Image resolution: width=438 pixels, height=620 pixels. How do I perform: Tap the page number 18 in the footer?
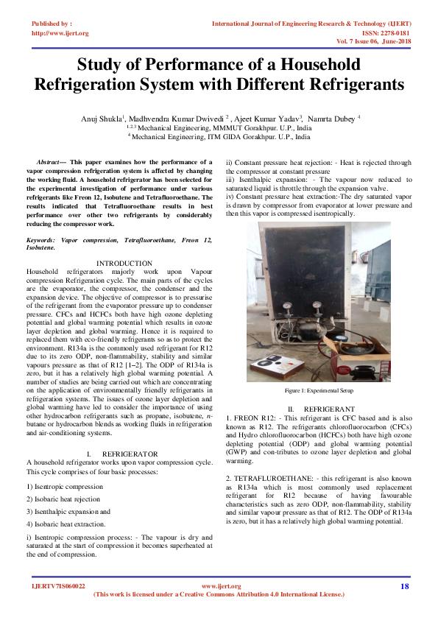click(404, 586)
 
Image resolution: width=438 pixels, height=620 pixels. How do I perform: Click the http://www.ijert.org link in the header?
click(60, 33)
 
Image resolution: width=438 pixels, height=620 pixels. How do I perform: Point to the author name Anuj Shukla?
click(102, 118)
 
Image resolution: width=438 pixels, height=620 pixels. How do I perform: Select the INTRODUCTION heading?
click(124, 263)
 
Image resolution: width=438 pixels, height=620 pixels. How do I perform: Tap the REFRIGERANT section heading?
click(329, 408)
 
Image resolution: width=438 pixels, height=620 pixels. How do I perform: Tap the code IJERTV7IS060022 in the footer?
click(59, 586)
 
